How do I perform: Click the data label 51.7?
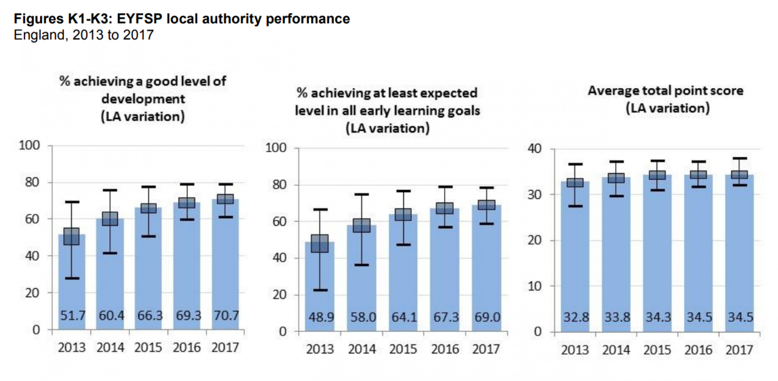point(73,315)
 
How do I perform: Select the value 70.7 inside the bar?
point(226,315)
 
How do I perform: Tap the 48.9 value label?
point(321,317)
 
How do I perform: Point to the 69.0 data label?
point(487,317)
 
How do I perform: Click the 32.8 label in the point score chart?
point(576,317)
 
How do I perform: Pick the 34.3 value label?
point(658,317)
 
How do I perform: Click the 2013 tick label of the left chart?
point(72,348)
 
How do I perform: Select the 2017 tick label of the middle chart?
point(486,349)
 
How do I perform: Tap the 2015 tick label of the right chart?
point(657,350)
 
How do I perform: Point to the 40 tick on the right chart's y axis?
point(534,149)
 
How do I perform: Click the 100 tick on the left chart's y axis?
point(29,145)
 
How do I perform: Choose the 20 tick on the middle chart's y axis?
point(279,295)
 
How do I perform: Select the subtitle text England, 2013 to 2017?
point(83,35)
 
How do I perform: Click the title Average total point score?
point(665,90)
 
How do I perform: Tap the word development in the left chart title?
point(143,99)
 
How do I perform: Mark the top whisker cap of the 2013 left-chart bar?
point(72,202)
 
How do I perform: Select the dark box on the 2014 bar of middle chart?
point(361,225)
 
